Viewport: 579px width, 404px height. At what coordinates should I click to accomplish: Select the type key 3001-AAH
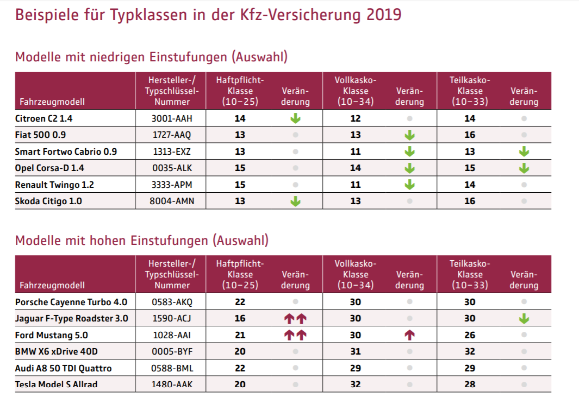[172, 118]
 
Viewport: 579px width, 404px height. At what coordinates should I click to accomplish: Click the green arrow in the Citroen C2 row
[295, 118]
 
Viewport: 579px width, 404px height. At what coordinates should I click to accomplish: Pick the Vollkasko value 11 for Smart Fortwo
[356, 151]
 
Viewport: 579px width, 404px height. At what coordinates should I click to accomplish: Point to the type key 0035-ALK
[172, 168]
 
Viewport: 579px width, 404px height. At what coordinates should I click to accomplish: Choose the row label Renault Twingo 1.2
[54, 185]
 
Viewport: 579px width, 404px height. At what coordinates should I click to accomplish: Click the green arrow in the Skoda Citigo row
[295, 201]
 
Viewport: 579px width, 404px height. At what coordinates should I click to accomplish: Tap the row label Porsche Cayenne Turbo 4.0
[71, 302]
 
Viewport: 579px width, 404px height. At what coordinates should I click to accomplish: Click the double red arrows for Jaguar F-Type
[295, 319]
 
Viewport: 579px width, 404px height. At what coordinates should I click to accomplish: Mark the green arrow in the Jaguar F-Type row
[524, 319]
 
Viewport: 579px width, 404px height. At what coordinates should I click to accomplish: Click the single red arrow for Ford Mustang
[410, 336]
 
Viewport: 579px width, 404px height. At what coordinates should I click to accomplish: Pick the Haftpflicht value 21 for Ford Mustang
[240, 336]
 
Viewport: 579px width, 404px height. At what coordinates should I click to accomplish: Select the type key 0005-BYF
[172, 352]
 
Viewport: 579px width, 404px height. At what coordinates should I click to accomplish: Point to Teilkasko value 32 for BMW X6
[470, 352]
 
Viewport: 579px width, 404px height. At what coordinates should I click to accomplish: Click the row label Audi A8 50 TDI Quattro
[63, 369]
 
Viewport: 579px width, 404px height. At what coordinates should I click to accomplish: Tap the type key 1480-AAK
[172, 385]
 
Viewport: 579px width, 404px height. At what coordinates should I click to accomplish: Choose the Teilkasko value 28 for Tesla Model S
[470, 385]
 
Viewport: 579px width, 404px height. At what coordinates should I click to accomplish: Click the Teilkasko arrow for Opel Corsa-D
[524, 168]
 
